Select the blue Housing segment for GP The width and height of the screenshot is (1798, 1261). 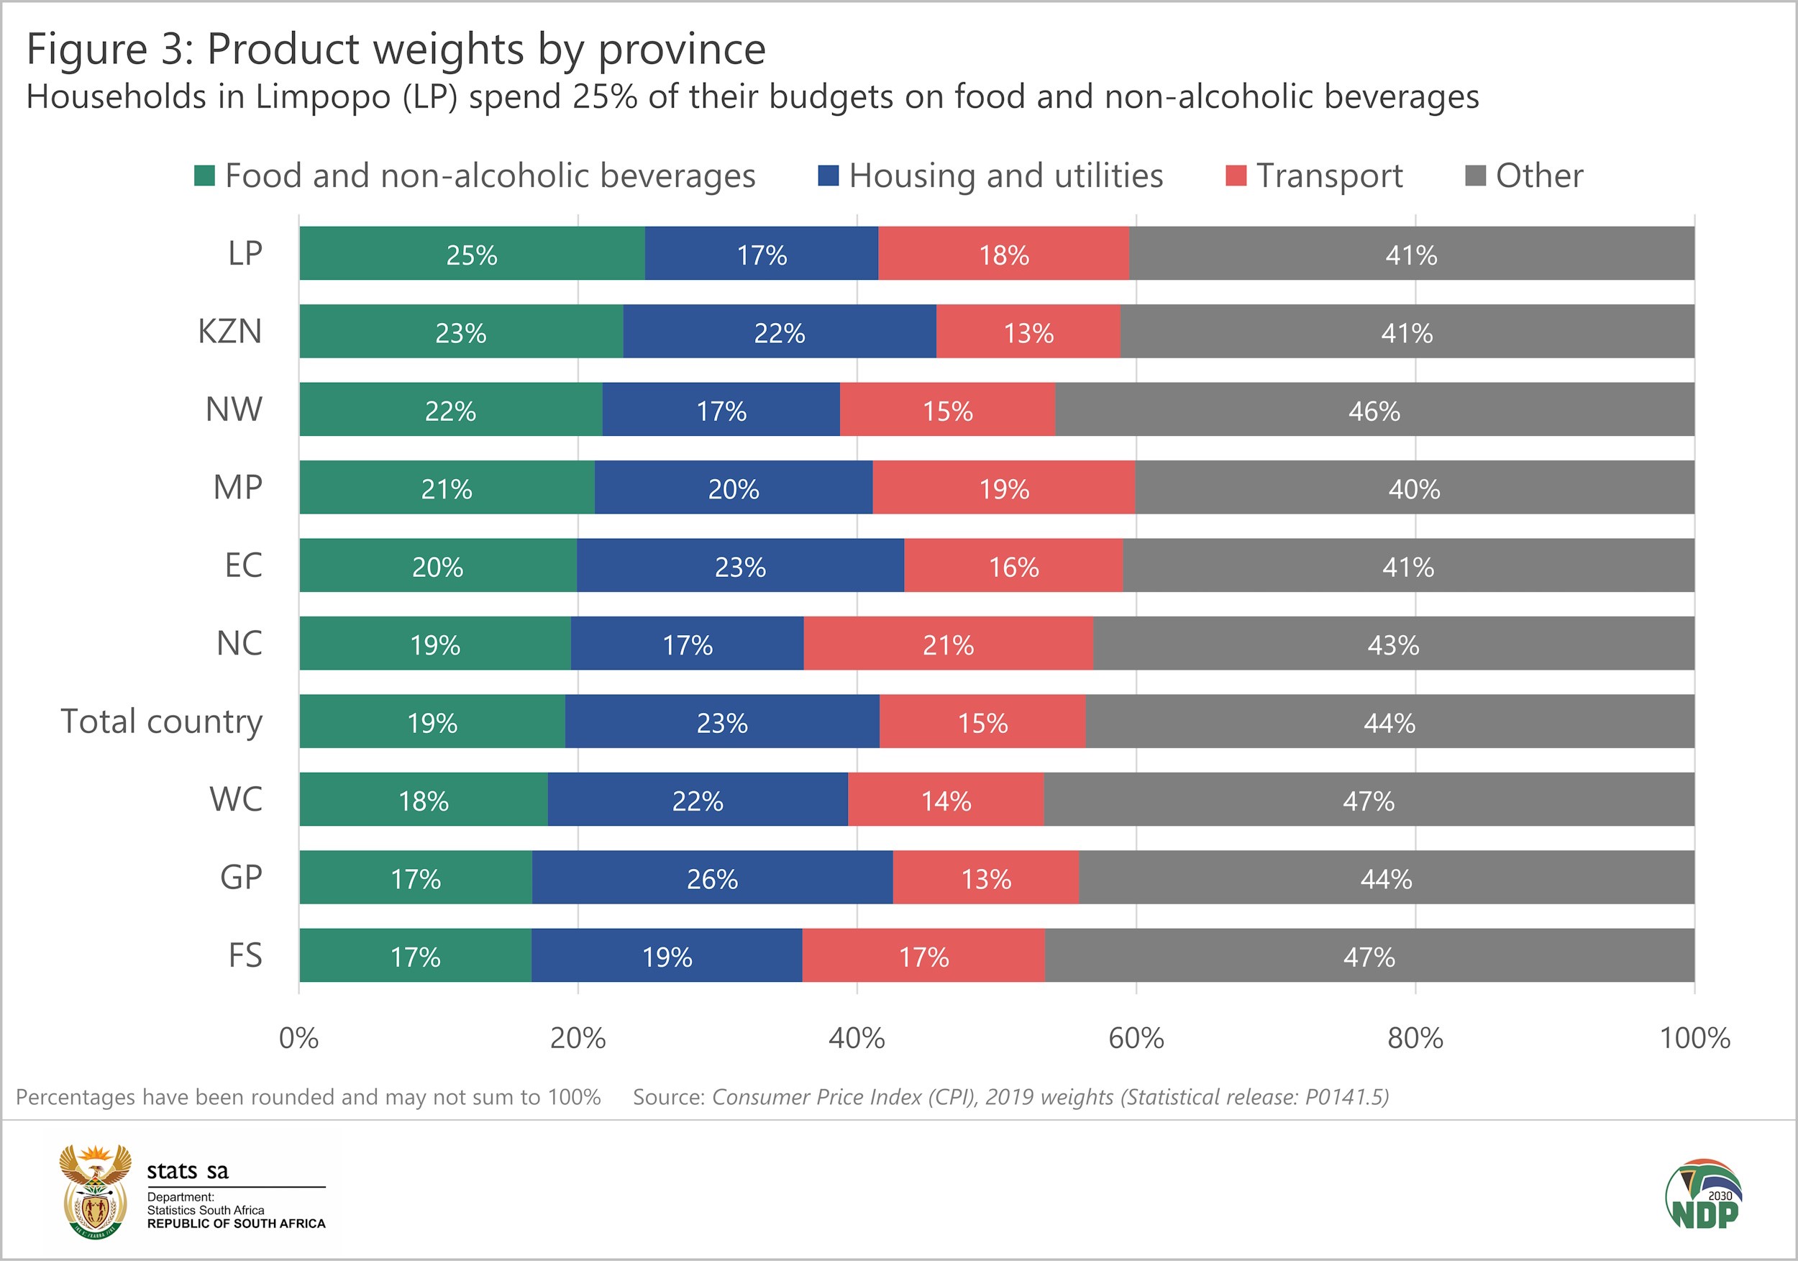pos(712,877)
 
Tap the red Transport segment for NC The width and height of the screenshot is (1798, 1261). pos(948,644)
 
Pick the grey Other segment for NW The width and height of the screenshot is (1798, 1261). pos(1374,409)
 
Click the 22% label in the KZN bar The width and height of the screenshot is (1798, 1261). pos(779,333)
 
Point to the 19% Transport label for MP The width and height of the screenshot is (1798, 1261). pos(1003,488)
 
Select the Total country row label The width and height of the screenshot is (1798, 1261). pos(161,721)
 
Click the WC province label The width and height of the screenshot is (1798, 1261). pos(236,800)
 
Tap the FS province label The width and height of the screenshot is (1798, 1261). pos(245,955)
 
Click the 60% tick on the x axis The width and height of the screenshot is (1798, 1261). pos(1136,1039)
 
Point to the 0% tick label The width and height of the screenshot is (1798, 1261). pos(298,1039)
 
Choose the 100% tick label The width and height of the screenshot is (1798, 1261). pos(1694,1039)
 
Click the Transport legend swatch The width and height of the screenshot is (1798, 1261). pos(1236,176)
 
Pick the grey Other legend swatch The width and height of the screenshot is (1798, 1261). pos(1475,176)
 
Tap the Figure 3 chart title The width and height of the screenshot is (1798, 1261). pos(396,49)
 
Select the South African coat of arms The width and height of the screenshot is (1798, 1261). pos(96,1191)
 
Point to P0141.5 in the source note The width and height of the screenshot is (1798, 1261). pos(1346,1097)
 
